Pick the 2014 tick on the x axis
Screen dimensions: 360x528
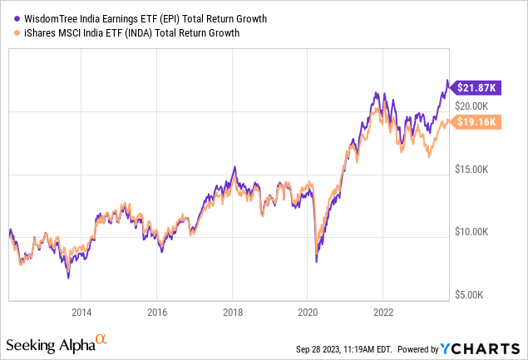click(x=81, y=313)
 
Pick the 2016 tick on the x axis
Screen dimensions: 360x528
click(x=157, y=313)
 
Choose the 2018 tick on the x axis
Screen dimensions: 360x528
click(x=232, y=313)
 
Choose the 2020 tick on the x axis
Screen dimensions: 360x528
click(x=308, y=313)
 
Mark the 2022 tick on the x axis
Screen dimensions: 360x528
click(x=382, y=313)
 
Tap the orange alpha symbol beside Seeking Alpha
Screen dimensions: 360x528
click(x=101, y=340)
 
